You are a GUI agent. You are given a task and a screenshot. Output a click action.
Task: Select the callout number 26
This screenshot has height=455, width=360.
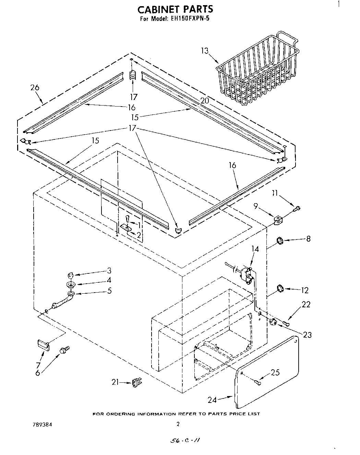coord(35,88)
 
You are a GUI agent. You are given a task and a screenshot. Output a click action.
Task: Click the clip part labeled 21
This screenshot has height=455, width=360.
coord(137,382)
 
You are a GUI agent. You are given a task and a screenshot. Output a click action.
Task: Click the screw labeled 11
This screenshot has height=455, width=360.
coord(297,208)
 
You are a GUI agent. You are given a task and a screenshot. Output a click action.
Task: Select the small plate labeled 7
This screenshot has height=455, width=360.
coord(43,345)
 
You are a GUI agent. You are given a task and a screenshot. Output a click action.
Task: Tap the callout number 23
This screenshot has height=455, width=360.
coord(307,335)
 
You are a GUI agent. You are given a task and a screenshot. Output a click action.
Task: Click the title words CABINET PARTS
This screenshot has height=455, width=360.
coord(175,9)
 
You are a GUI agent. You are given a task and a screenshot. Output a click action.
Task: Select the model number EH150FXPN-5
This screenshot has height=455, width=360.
coord(188,19)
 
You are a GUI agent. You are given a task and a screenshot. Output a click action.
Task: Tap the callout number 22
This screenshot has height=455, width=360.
coord(306,304)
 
